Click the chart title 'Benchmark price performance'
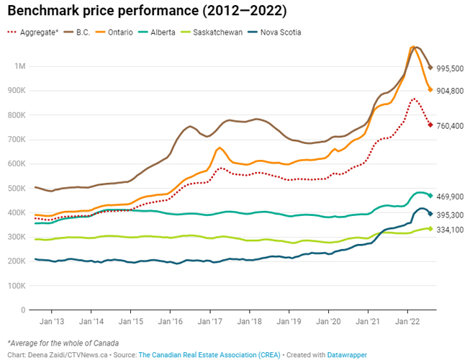coord(147,12)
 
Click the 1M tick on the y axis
coord(20,66)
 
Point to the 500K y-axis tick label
coord(17,189)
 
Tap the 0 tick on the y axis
coord(23,310)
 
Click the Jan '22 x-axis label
coord(407,323)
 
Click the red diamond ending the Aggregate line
coord(430,125)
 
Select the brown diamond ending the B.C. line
coord(430,68)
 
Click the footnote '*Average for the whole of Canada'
coord(63,342)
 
